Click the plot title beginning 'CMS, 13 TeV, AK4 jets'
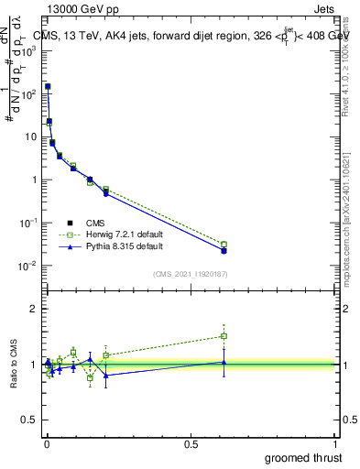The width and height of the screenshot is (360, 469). pyautogui.click(x=192, y=36)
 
